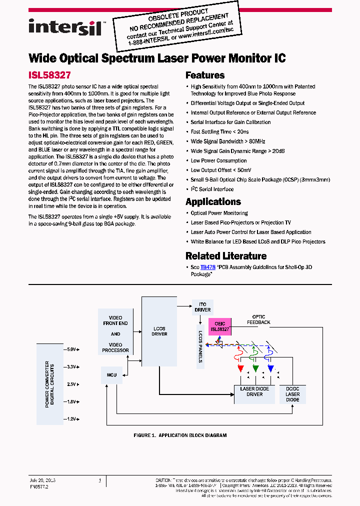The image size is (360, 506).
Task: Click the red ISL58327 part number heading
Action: tap(49, 75)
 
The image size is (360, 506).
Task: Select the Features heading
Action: tap(205, 75)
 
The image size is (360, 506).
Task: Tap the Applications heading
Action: tap(213, 202)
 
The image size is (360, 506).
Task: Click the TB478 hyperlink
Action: tap(207, 267)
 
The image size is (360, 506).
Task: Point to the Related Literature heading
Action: tap(226, 256)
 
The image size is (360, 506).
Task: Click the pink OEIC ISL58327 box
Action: tap(219, 327)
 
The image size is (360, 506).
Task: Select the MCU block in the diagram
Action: tap(111, 374)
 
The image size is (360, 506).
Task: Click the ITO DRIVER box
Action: tap(202, 307)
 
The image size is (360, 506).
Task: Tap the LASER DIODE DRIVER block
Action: tap(254, 391)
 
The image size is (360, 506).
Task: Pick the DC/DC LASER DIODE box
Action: tap(292, 394)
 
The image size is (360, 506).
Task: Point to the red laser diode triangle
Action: tap(240, 368)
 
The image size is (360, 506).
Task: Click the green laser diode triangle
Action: tap(255, 368)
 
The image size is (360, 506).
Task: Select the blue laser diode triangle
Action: tap(270, 368)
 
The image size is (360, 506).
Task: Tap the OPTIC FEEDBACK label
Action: tap(258, 319)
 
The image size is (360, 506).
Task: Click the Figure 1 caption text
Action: tap(180, 435)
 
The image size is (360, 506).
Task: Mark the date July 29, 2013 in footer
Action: tap(42, 480)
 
